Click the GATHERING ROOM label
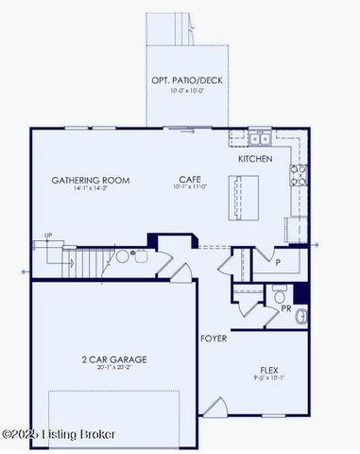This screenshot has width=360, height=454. [x=91, y=180]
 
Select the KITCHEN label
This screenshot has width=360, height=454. [x=255, y=159]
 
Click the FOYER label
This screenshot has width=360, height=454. [x=213, y=338]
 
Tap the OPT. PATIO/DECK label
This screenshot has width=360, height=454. [x=186, y=80]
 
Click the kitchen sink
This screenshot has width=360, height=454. [x=261, y=139]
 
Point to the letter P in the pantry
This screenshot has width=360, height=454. [x=279, y=263]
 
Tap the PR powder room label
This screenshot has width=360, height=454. [x=285, y=307]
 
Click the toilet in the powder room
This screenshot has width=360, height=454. [x=301, y=316]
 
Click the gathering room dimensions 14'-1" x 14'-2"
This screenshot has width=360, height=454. [x=91, y=188]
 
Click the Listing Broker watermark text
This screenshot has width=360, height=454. [x=59, y=434]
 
